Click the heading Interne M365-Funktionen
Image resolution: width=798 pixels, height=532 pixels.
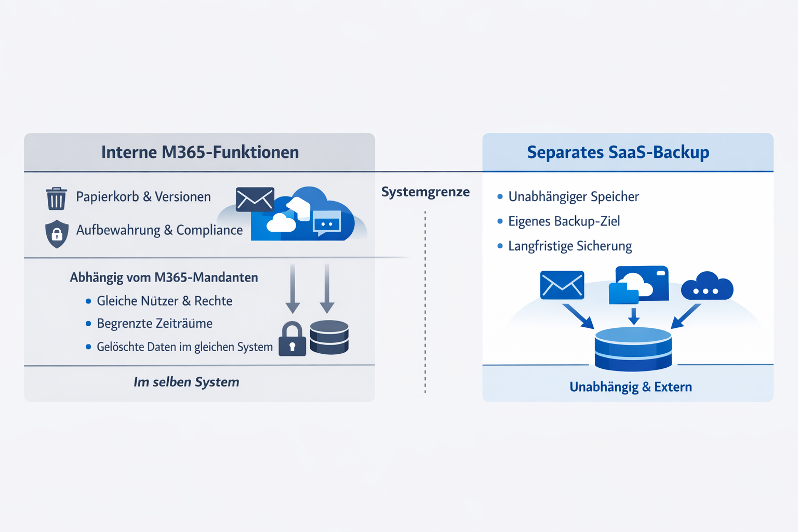[200, 152]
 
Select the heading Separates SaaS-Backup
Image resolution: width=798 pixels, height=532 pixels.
[618, 152]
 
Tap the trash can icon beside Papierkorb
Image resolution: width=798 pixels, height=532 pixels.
[56, 198]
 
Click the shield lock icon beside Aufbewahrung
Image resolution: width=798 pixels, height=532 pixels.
[57, 233]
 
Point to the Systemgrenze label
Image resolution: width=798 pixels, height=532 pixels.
[425, 192]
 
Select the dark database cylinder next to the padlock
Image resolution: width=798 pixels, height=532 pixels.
[329, 337]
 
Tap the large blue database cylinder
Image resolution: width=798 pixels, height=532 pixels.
[633, 349]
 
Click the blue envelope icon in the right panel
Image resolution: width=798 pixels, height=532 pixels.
[562, 285]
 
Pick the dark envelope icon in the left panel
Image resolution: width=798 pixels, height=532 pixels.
[255, 199]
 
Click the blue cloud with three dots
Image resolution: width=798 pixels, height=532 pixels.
[707, 287]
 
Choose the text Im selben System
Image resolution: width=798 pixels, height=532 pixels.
[186, 382]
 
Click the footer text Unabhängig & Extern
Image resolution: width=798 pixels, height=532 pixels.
[630, 387]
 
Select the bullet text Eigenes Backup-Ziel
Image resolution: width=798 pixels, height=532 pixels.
[564, 221]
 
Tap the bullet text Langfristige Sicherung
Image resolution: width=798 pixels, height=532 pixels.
[570, 246]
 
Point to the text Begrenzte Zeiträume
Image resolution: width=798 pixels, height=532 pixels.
[154, 324]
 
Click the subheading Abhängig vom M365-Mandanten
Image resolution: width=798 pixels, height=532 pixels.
[164, 277]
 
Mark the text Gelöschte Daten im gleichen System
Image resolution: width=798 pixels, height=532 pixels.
[184, 347]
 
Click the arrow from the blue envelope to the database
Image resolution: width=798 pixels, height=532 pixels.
[578, 316]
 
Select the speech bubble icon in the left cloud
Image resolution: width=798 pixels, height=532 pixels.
[326, 223]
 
